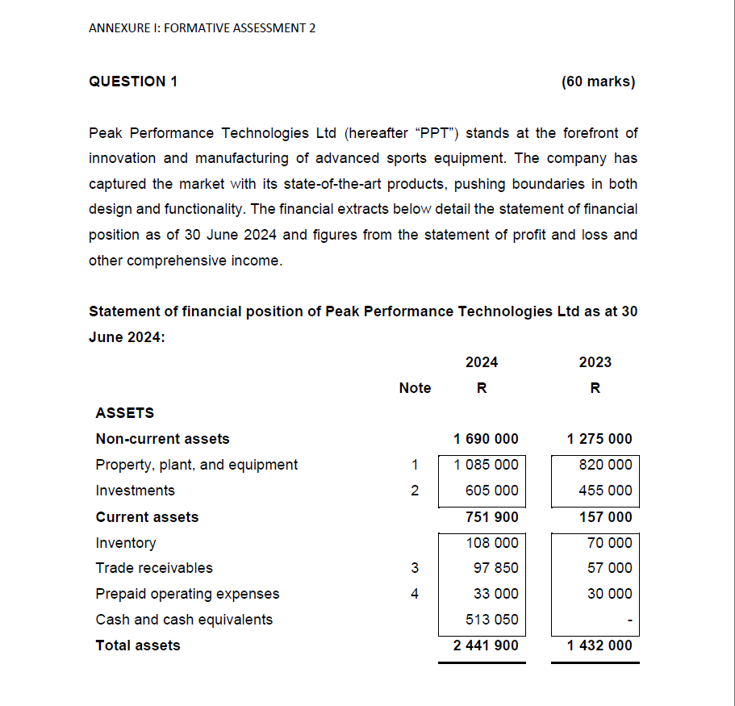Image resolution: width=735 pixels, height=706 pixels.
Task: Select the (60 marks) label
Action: point(597,81)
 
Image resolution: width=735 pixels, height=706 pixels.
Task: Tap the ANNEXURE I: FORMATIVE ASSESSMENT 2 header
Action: point(202,28)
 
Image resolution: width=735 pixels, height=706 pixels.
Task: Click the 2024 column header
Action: point(482,362)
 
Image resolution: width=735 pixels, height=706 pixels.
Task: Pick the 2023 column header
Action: point(595,362)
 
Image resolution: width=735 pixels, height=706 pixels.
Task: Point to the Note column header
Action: point(415,388)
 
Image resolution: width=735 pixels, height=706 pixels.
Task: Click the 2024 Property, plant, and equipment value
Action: point(486,465)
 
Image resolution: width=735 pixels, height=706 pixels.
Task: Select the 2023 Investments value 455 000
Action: point(605,491)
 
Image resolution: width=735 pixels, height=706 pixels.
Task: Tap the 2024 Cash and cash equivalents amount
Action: point(492,620)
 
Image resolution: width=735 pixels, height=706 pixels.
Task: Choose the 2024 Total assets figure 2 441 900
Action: point(486,645)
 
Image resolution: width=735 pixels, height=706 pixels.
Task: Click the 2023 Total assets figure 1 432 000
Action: point(599,645)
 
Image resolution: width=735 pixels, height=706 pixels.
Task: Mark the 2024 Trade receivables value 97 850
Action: point(495,568)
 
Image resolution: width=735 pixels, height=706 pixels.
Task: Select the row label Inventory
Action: point(126,543)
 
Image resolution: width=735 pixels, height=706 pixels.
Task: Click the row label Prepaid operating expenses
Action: point(187,594)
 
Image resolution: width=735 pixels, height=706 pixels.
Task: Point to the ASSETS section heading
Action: point(124,413)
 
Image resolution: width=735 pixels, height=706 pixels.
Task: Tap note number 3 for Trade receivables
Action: point(415,568)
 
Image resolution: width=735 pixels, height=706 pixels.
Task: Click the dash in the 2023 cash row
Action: point(629,620)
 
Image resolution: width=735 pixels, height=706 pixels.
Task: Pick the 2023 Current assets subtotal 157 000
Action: point(605,517)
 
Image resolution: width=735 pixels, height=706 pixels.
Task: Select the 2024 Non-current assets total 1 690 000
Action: point(486,439)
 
